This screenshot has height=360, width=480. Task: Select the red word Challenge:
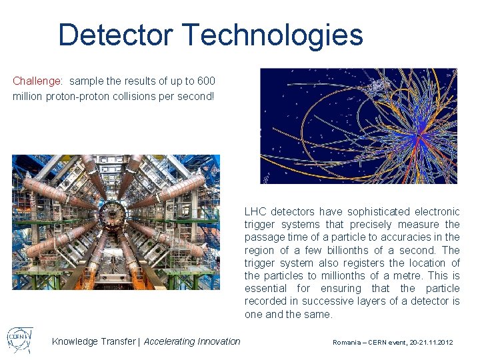[x=38, y=81]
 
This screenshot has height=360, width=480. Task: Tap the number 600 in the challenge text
[x=206, y=81]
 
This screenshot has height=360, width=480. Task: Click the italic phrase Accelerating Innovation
[x=192, y=341]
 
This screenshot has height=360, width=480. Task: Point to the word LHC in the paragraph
[x=255, y=212]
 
